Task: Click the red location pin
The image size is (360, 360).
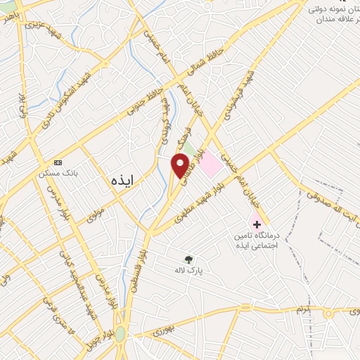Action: (x=180, y=165)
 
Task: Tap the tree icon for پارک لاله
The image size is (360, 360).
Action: (x=188, y=258)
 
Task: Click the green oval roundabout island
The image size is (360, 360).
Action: (x=121, y=333)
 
